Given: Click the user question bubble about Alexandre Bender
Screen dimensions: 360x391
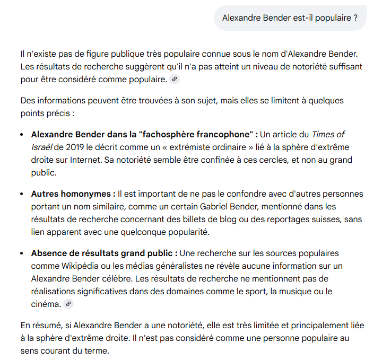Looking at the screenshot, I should [290, 18].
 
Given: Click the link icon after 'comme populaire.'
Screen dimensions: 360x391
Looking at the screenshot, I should [175, 80].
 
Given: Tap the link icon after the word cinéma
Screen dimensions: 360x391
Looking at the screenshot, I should [68, 304].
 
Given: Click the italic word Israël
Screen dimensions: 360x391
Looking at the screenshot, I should [42, 147].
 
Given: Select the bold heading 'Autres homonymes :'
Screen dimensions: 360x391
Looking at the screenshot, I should [73, 194].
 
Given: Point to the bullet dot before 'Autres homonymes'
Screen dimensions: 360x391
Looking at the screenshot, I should [22, 194].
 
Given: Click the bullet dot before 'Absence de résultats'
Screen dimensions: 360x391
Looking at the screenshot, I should [22, 253].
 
